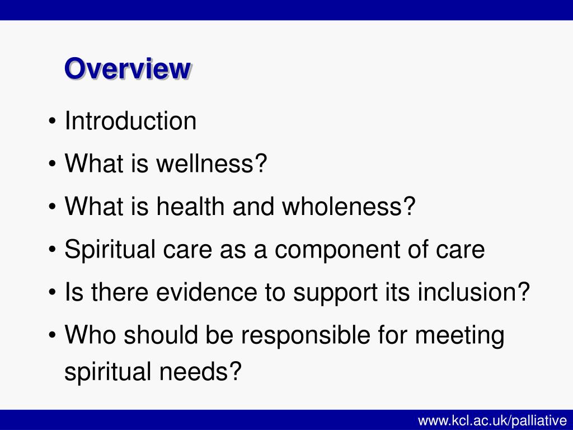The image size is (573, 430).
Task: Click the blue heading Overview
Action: pos(127,69)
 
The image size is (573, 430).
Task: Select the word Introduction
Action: pos(130,121)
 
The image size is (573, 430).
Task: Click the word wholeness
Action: pos(349,207)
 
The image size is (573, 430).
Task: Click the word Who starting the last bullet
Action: pos(91,336)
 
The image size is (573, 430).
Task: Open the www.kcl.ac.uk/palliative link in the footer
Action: pos(492,420)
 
